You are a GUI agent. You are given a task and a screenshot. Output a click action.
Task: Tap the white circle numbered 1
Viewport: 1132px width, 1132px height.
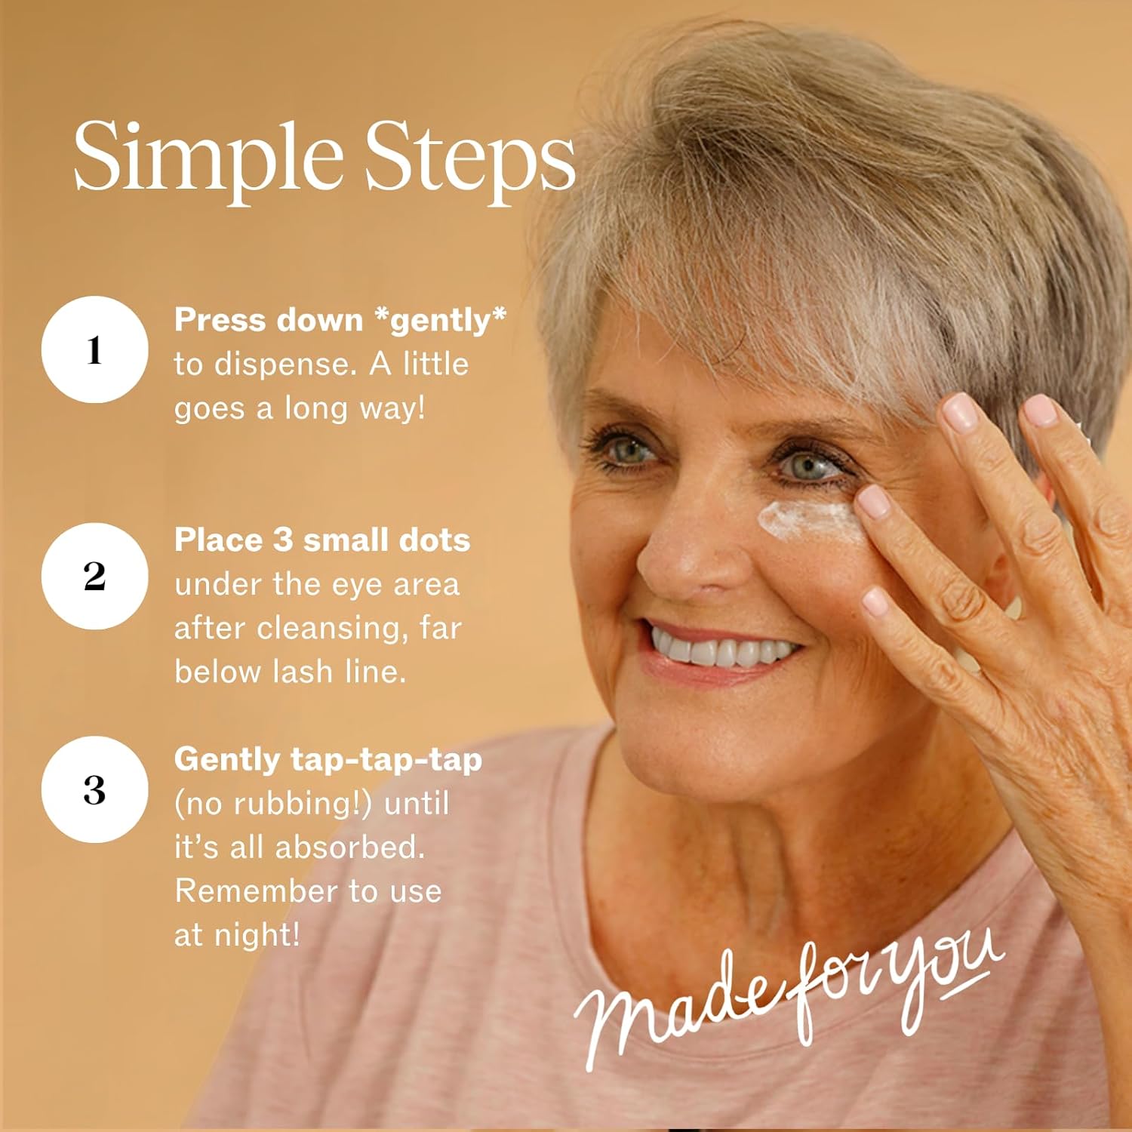[x=94, y=349]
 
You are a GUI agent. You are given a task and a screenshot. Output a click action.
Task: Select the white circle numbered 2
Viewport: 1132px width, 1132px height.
[x=94, y=576]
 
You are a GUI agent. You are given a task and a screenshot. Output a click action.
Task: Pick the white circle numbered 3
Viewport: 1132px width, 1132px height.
[x=94, y=789]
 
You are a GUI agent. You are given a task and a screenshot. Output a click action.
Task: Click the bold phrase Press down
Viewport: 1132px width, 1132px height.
[x=269, y=320]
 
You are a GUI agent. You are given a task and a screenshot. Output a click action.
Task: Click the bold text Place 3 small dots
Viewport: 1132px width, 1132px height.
[x=322, y=540]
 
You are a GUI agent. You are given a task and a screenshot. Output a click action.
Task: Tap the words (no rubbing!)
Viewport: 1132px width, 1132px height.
[x=274, y=804]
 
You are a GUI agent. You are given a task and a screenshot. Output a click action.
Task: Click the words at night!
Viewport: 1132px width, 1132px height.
[x=237, y=935]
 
